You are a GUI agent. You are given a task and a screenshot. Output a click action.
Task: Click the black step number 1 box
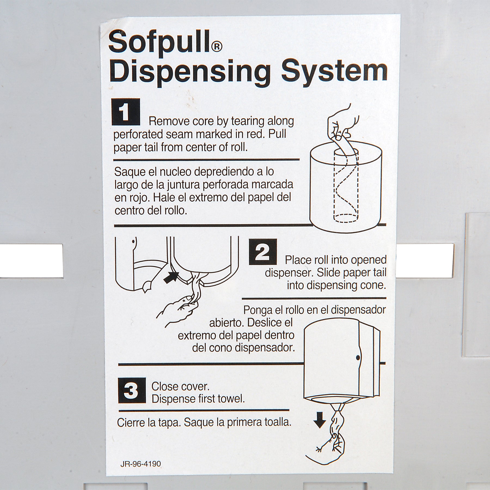(126, 112)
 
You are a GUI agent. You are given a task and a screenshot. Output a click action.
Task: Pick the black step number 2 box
(263, 252)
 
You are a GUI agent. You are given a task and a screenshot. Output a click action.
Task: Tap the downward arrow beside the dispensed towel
(320, 427)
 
